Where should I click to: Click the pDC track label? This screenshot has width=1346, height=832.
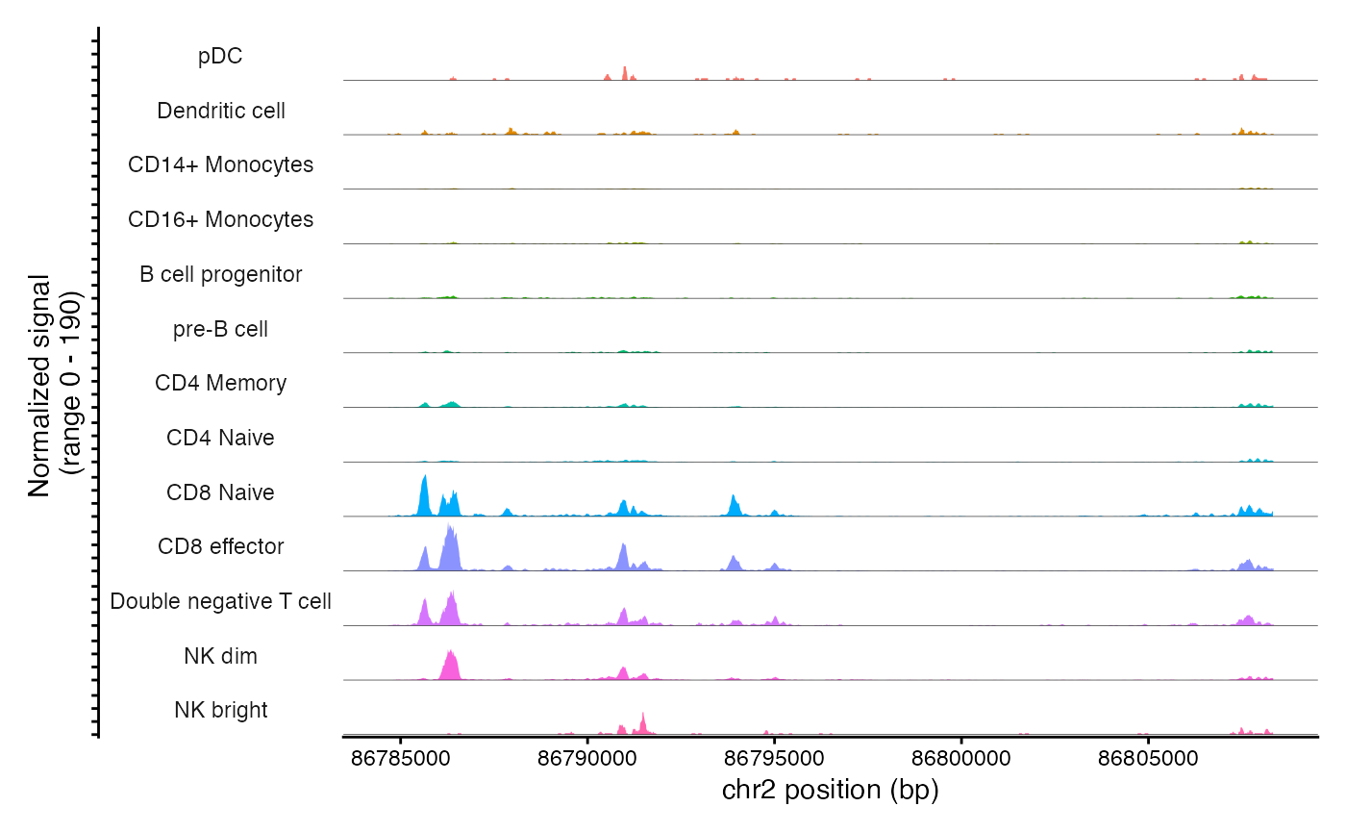click(x=220, y=56)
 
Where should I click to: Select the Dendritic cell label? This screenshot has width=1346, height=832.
click(x=220, y=111)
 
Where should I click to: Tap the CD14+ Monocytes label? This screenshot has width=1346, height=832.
click(x=220, y=164)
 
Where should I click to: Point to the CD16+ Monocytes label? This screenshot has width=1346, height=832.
click(x=220, y=219)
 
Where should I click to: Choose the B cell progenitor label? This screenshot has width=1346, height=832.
click(x=220, y=274)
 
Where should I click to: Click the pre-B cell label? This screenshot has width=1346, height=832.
click(x=220, y=329)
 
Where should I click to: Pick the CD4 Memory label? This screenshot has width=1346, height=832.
click(x=220, y=383)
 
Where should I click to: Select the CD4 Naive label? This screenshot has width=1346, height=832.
click(x=220, y=438)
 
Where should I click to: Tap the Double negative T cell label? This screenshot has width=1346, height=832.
click(x=220, y=601)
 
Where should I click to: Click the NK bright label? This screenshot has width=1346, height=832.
click(x=220, y=711)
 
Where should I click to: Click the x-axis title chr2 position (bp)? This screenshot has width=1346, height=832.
click(x=829, y=791)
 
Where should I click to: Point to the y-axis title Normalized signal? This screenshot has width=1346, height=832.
click(x=38, y=385)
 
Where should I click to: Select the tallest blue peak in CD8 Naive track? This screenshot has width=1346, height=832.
click(x=424, y=495)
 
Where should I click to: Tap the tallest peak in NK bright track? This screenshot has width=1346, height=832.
click(x=643, y=721)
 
